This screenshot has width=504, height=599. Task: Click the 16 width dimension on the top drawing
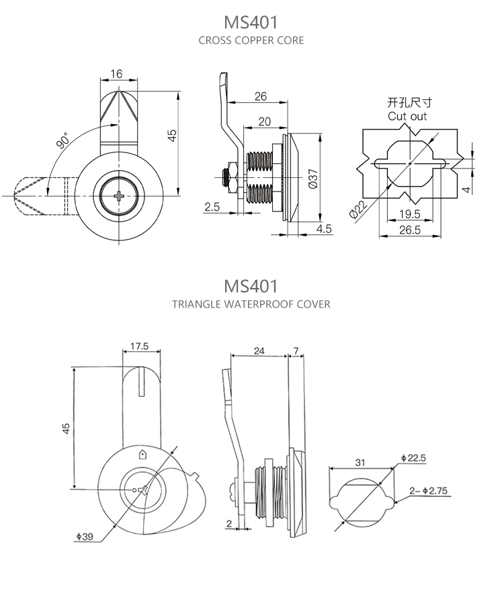pos(117,74)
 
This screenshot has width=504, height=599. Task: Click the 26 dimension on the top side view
pos(261,97)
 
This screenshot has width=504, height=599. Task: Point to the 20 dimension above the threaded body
pos(264,122)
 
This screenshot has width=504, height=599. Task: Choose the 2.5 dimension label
pos(212,208)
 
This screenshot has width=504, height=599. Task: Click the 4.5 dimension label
pos(324,229)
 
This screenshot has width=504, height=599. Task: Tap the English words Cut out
pos(407,116)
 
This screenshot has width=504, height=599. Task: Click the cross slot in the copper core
pos(119,196)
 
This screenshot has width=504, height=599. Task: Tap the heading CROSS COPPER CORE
pos(251,40)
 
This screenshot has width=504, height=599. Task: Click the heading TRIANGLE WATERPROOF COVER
pos(251,304)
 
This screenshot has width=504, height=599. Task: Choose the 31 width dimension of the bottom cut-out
pos(360,462)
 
